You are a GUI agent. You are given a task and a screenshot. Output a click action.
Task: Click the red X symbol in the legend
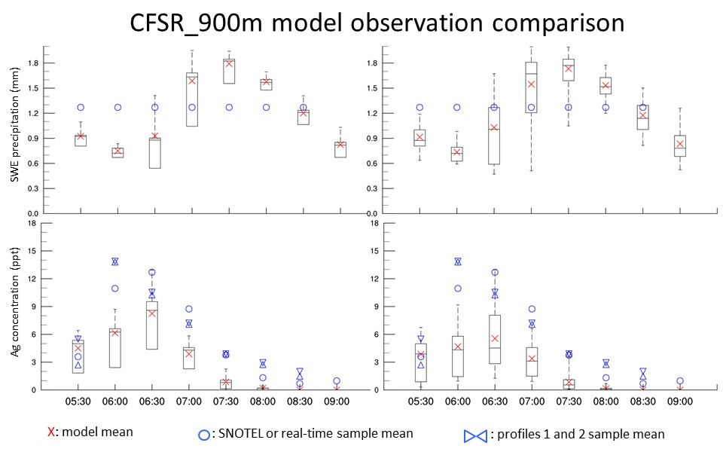50,432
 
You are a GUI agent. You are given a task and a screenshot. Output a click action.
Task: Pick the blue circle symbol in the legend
203,434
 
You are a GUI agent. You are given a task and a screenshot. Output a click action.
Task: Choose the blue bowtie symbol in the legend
475,435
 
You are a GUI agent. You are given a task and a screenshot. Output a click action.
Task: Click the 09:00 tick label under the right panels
679,402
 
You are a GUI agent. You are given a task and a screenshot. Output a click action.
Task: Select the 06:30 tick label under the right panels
494,402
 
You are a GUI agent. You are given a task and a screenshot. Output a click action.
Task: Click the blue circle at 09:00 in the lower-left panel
337,381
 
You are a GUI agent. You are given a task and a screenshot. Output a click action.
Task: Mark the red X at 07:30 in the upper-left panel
228,63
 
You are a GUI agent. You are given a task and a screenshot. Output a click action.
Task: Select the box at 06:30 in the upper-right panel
494,136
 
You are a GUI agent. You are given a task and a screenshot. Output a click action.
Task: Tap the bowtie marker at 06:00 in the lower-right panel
457,261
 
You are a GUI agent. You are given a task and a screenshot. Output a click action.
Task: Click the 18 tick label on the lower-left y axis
32,223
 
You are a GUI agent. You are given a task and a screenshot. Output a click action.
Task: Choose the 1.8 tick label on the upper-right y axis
371,63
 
